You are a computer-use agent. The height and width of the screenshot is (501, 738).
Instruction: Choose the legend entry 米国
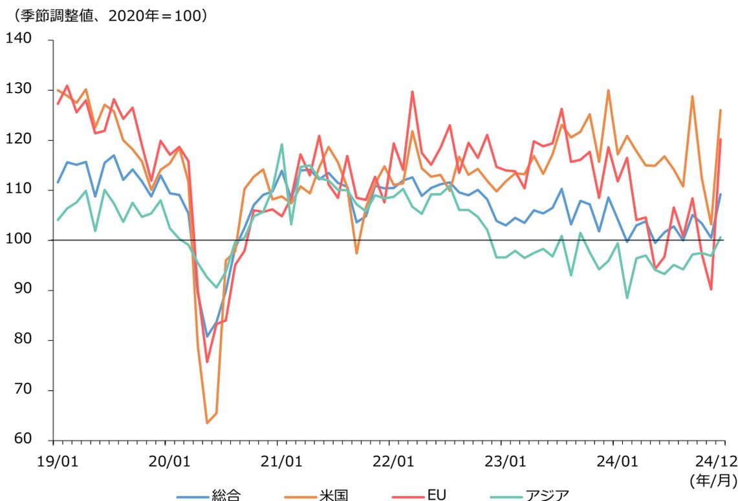[333, 495]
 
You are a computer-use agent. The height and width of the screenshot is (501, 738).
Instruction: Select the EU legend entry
[436, 495]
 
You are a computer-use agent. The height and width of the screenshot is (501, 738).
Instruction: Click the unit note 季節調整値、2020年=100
[107, 15]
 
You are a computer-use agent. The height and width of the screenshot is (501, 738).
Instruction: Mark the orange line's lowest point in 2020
[207, 423]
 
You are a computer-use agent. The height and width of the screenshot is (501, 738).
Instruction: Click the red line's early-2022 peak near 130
[412, 92]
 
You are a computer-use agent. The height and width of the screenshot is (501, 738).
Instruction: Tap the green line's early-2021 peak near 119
[282, 145]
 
